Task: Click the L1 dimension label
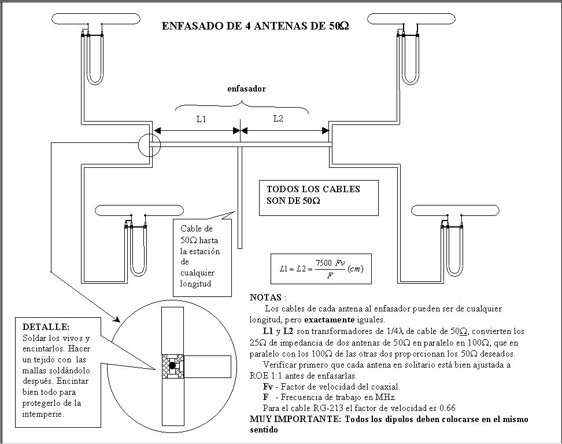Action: pyautogui.click(x=201, y=119)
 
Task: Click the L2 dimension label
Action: pyautogui.click(x=278, y=119)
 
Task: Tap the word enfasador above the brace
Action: pyautogui.click(x=246, y=89)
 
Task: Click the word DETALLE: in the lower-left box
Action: pyautogui.click(x=46, y=327)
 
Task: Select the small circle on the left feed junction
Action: pyautogui.click(x=149, y=144)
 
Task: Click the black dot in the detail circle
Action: pyautogui.click(x=172, y=365)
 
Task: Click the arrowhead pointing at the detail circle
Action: pyautogui.click(x=117, y=319)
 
